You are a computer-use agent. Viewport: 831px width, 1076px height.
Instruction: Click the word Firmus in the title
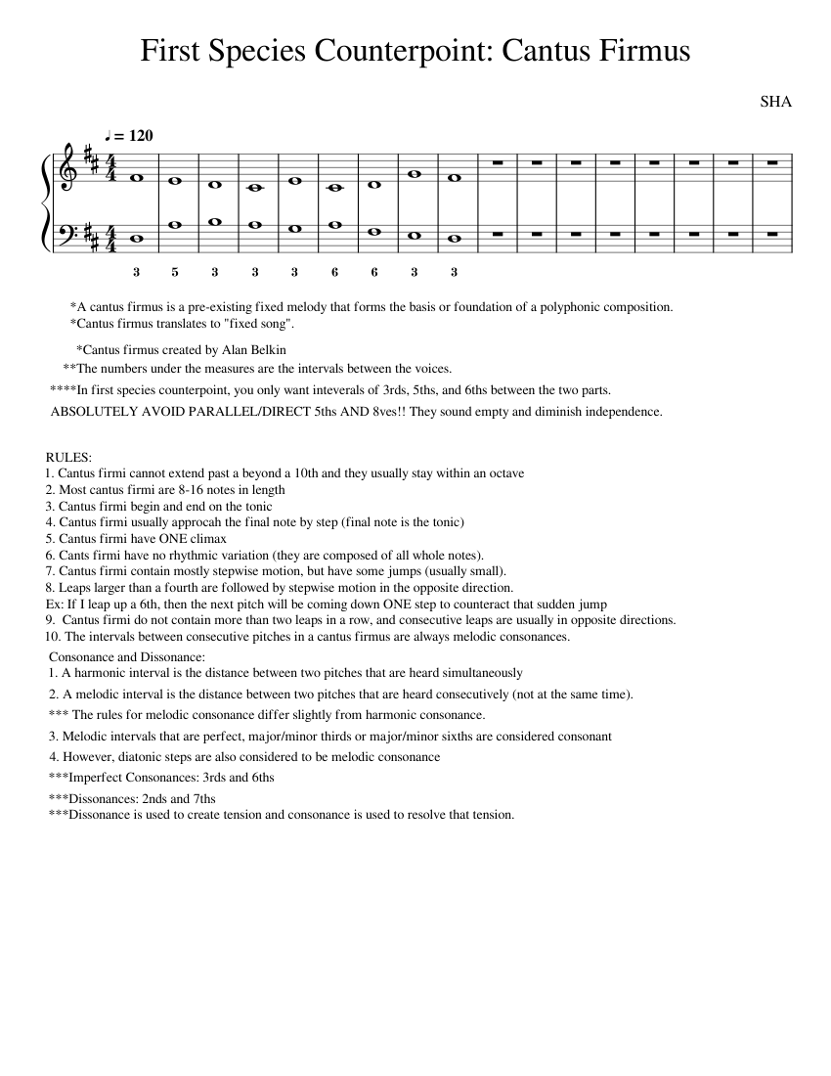[x=636, y=51]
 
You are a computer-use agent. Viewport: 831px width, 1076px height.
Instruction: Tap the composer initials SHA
[x=775, y=102]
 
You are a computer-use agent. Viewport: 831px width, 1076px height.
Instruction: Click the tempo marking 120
[x=140, y=136]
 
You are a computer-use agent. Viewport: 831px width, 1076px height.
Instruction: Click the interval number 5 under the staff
[x=175, y=272]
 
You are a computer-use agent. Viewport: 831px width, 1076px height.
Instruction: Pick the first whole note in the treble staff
[x=136, y=177]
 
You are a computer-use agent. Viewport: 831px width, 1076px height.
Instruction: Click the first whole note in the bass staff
[x=136, y=237]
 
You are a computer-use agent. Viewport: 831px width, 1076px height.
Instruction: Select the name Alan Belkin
[x=248, y=349]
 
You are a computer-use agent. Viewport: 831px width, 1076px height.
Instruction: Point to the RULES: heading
[x=68, y=457]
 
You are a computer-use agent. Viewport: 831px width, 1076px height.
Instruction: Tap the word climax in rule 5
[x=206, y=538]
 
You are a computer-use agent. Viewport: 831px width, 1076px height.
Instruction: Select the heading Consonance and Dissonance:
[x=126, y=657]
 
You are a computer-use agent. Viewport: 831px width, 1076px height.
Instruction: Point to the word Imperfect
[x=96, y=778]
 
